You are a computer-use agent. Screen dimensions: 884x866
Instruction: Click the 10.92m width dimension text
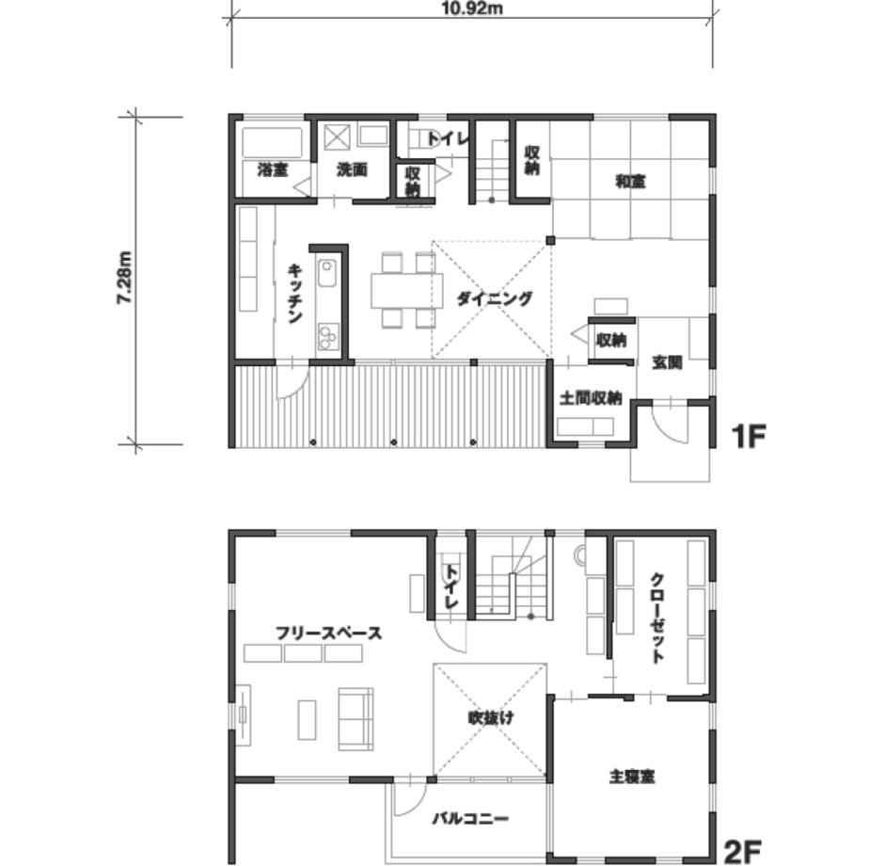point(471,8)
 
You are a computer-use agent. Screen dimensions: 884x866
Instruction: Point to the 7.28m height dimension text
point(124,278)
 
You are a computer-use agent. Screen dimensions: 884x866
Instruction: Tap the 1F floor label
point(748,436)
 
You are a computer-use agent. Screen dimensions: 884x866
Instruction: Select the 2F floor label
point(743,852)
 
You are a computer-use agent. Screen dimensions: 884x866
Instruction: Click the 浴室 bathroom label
point(273,169)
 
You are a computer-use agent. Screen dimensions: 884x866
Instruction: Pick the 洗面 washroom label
point(352,169)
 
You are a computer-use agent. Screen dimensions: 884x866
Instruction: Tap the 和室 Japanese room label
point(630,182)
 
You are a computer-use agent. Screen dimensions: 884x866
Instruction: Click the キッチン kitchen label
point(295,294)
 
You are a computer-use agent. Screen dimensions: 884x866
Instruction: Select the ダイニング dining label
point(494,298)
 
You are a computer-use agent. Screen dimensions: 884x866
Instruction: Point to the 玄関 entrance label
point(667,362)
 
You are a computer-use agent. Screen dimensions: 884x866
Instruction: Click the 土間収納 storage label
point(591,398)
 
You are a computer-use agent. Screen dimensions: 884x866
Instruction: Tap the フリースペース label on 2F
point(329,633)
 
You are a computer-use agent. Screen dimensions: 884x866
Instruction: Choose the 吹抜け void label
point(491,718)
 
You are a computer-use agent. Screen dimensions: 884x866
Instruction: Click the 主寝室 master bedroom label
point(632,777)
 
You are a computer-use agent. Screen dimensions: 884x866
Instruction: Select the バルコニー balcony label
point(471,818)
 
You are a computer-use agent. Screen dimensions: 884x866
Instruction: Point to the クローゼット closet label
point(656,617)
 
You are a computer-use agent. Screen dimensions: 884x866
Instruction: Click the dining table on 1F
point(406,291)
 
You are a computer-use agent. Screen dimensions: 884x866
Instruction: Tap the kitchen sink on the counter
point(327,273)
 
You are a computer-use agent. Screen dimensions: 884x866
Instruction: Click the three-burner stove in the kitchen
point(327,336)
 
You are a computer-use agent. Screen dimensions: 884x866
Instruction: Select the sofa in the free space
point(355,719)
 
